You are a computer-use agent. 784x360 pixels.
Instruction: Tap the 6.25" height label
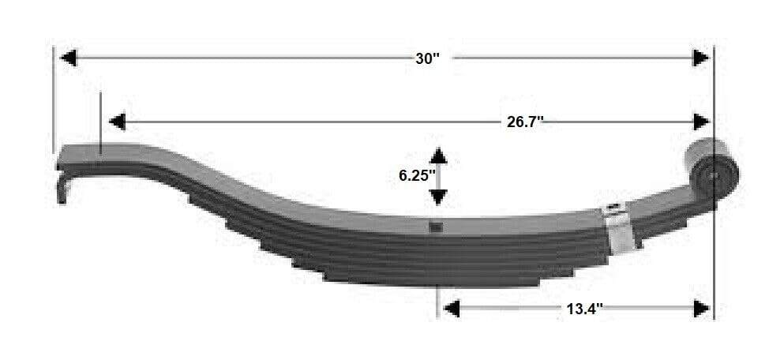pos(417,175)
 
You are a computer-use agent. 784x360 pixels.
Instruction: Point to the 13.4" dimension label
pos(584,309)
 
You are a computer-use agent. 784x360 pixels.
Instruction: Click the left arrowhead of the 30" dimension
pos(69,58)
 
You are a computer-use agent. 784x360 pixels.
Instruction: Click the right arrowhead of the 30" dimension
pos(700,58)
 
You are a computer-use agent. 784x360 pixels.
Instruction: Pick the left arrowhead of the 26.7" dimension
pos(118,122)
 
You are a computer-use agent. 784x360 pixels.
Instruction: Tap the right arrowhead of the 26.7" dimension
pos(700,122)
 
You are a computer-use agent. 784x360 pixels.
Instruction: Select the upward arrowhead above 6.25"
pos(439,156)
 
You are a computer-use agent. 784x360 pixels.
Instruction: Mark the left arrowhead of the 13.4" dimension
pos(451,308)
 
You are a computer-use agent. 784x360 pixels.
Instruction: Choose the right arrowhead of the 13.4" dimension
pos(700,308)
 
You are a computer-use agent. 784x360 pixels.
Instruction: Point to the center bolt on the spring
pos(435,228)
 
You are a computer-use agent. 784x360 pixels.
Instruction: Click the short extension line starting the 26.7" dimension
pos(102,122)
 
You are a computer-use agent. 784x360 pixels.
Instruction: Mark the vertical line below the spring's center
pos(437,300)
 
